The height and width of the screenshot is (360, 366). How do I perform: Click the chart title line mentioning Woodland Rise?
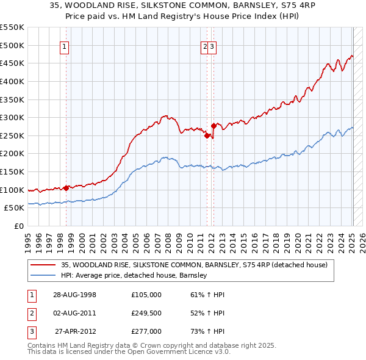click(x=183, y=5)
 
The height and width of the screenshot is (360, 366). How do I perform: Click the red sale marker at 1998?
click(x=66, y=188)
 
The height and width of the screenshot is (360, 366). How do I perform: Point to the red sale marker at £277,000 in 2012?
click(x=213, y=126)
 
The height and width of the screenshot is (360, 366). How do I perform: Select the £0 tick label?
click(x=18, y=226)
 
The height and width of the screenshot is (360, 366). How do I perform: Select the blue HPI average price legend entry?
click(x=134, y=275)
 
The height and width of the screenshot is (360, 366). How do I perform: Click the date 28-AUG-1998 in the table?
click(x=74, y=295)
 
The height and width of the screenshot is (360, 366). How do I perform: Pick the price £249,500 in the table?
click(x=146, y=313)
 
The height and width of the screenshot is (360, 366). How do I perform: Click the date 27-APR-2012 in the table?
click(x=74, y=331)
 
